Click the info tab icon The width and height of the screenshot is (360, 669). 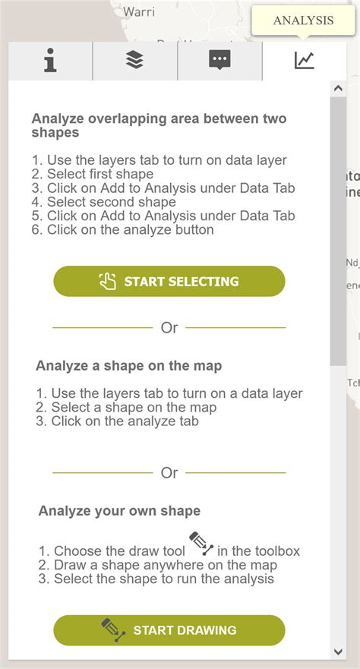point(50,61)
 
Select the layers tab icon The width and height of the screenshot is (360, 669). point(134,61)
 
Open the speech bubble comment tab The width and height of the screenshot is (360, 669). point(219,61)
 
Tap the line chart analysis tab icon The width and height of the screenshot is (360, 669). point(304,61)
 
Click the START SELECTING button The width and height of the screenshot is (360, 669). point(169,282)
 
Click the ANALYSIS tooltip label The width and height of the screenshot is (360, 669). point(303,21)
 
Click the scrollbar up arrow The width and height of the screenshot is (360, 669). point(339,89)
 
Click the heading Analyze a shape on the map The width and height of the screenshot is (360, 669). point(128,366)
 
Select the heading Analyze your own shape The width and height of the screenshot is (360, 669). point(119,510)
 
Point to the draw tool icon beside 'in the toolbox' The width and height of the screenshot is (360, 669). point(201,544)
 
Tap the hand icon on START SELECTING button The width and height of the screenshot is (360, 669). point(108,282)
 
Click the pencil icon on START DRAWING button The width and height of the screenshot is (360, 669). point(112,630)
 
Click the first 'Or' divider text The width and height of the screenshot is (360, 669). point(169,328)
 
